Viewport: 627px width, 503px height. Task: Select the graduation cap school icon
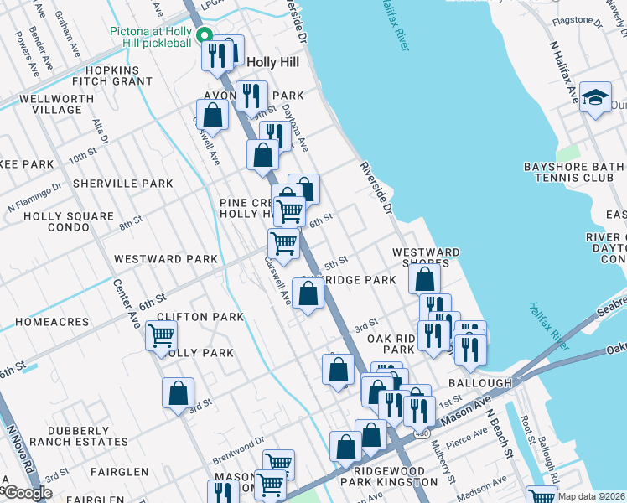click(x=595, y=98)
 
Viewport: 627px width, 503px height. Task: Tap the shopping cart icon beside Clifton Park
click(x=161, y=336)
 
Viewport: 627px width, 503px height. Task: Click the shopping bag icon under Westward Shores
click(x=425, y=278)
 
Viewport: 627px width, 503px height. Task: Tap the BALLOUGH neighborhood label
click(x=479, y=382)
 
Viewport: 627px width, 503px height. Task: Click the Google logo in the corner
click(x=27, y=493)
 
